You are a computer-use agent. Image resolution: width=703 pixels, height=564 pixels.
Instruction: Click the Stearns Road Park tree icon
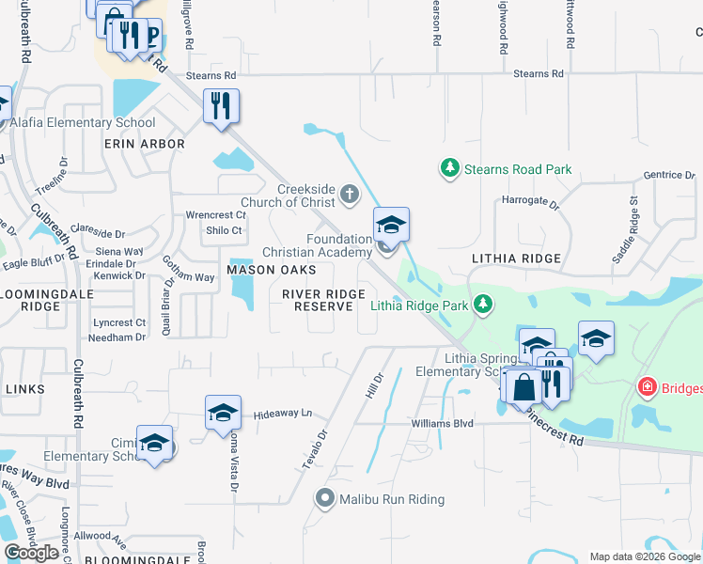coord(450,169)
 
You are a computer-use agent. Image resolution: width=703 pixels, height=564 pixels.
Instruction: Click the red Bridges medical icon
coord(647,386)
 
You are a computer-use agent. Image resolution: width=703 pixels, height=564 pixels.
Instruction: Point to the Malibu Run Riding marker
coord(325,498)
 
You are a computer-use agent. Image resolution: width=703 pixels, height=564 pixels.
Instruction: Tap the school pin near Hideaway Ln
coord(223,412)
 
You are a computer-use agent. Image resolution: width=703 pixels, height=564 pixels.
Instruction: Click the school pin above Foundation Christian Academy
coord(391,224)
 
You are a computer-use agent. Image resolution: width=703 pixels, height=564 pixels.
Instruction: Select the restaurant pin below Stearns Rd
coord(221,104)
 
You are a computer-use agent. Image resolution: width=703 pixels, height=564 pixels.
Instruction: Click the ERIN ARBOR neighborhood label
coord(145,144)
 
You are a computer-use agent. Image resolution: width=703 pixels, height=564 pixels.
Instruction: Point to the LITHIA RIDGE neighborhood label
coord(516,258)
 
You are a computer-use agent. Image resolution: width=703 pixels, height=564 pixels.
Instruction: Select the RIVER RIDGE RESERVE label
coord(323,301)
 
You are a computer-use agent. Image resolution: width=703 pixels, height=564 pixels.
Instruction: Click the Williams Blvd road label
coord(442,424)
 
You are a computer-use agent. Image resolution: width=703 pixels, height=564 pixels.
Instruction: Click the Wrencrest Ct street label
coord(215,214)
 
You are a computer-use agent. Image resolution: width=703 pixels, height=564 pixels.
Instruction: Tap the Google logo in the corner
coord(31,553)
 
